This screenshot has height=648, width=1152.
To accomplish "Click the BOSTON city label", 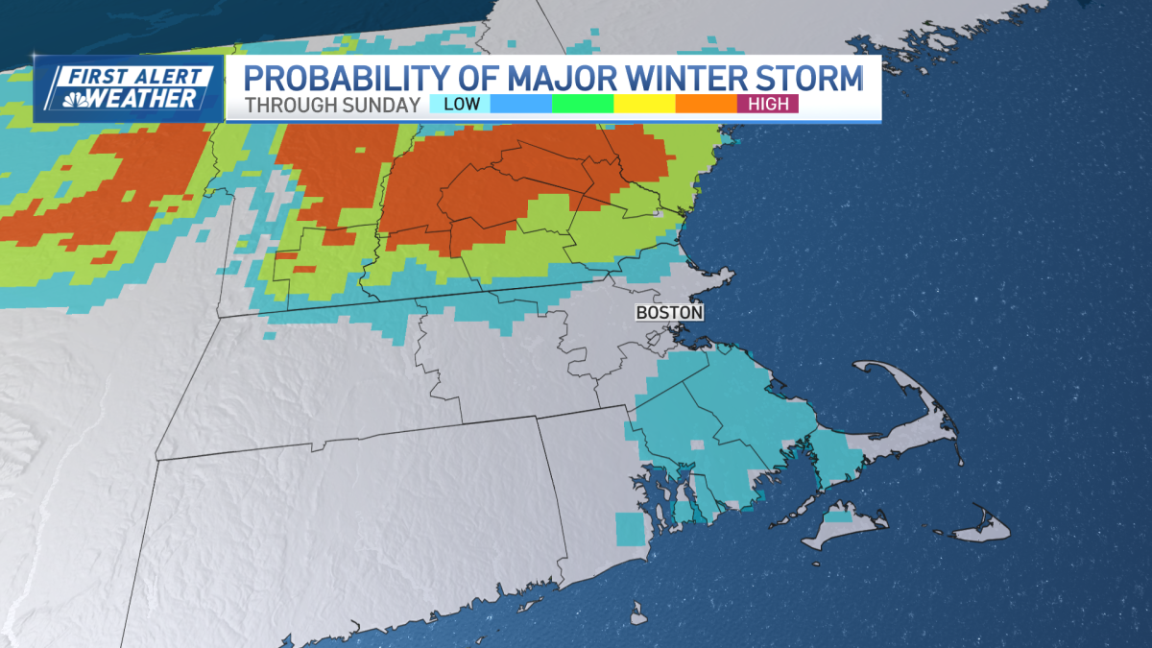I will click(670, 313).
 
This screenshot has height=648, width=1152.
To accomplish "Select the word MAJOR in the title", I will click(561, 76).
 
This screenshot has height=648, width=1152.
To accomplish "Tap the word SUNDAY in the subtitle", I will click(385, 105).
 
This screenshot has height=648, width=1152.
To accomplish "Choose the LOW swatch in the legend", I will click(460, 104).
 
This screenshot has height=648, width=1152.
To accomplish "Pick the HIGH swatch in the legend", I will click(768, 104).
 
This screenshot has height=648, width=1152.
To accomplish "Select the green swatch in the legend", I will click(583, 104).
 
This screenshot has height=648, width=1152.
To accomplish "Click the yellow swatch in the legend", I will click(644, 104).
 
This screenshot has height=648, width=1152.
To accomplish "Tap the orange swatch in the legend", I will click(706, 104).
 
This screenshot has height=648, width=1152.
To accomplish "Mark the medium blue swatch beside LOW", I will click(521, 104).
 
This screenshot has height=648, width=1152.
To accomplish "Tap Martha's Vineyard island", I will click(845, 526).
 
